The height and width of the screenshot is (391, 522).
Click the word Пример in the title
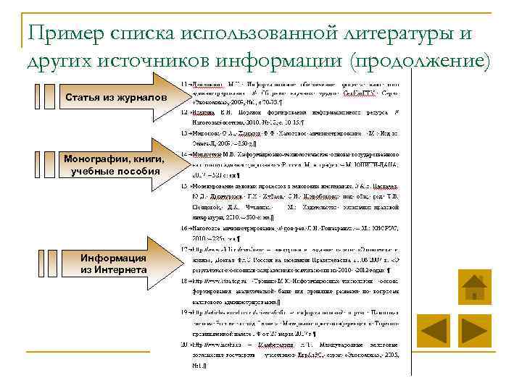[63, 32]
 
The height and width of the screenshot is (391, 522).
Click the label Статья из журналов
[115, 98]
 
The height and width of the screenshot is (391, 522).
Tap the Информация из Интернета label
[114, 264]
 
